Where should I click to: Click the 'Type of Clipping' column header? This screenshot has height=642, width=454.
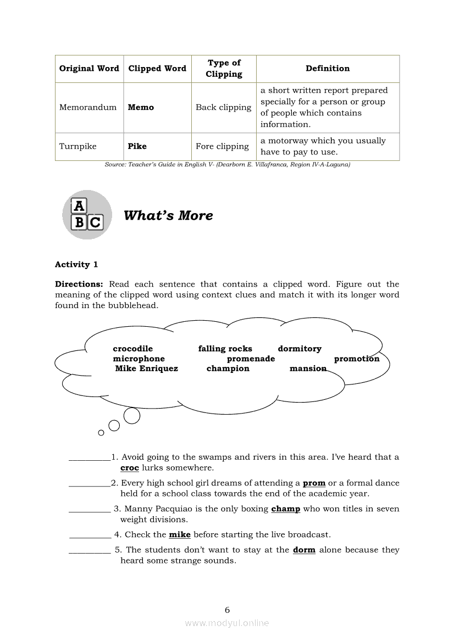pyautogui.click(x=224, y=69)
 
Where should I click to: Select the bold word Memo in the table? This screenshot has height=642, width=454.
pyautogui.click(x=141, y=108)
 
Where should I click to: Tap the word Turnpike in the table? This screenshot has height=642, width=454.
pyautogui.click(x=77, y=147)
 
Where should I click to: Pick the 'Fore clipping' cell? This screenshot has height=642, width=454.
pyautogui.click(x=222, y=147)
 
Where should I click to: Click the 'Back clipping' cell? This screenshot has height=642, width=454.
pyautogui.click(x=223, y=108)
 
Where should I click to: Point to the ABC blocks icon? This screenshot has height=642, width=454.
pyautogui.click(x=87, y=215)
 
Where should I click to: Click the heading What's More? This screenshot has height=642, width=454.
pyautogui.click(x=168, y=215)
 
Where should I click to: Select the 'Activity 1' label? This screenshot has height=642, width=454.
pyautogui.click(x=76, y=265)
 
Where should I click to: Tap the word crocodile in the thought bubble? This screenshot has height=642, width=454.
pyautogui.click(x=132, y=349)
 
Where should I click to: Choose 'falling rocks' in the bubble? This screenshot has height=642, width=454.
pyautogui.click(x=225, y=349)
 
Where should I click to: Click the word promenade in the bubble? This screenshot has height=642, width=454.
pyautogui.click(x=251, y=359)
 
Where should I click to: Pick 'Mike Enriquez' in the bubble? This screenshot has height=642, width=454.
pyautogui.click(x=146, y=369)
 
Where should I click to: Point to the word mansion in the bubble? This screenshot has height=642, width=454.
pyautogui.click(x=308, y=369)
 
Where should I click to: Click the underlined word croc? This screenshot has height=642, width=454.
pyautogui.click(x=130, y=468)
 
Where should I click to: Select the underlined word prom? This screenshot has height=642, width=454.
pyautogui.click(x=314, y=483)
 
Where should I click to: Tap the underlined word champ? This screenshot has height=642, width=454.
pyautogui.click(x=285, y=509)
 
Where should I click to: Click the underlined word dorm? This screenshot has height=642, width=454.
pyautogui.click(x=304, y=550)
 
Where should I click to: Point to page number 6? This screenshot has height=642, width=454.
pyautogui.click(x=227, y=610)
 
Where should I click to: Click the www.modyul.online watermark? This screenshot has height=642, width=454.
pyautogui.click(x=227, y=623)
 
